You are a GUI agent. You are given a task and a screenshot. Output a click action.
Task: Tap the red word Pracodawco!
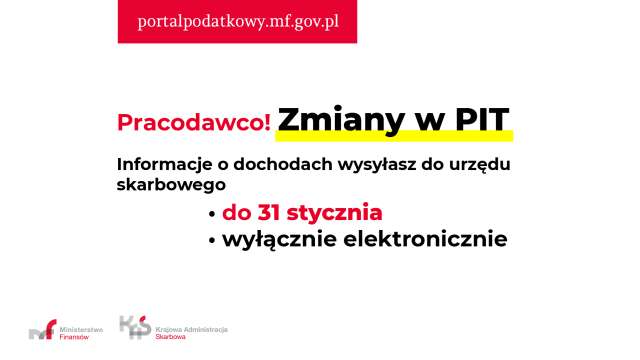[x=194, y=122]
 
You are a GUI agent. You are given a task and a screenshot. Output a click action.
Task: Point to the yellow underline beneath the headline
[x=396, y=135]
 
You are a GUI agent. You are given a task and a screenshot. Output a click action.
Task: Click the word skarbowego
[x=168, y=185]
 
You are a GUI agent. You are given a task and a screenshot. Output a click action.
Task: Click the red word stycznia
[x=335, y=213]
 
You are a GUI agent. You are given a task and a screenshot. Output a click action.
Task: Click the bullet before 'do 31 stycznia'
[x=212, y=215]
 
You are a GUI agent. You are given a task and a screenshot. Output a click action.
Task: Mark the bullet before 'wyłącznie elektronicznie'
[x=212, y=242]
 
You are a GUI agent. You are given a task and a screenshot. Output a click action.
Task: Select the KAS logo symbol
[x=135, y=326]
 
